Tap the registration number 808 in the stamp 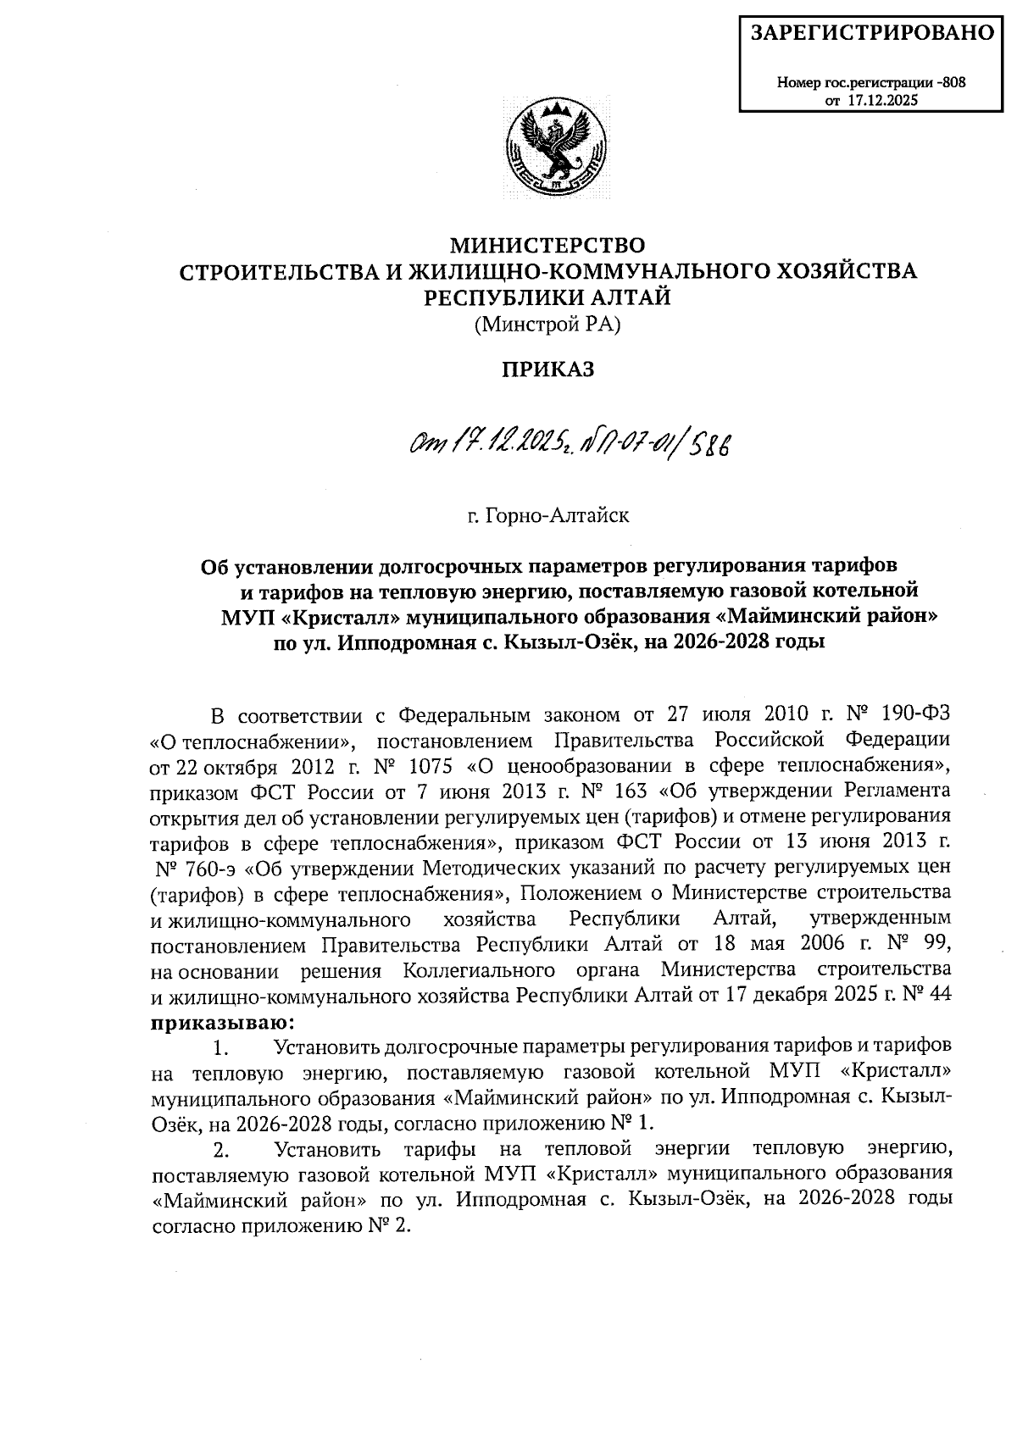[954, 83]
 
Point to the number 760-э [208, 868]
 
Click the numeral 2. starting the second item [222, 1150]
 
